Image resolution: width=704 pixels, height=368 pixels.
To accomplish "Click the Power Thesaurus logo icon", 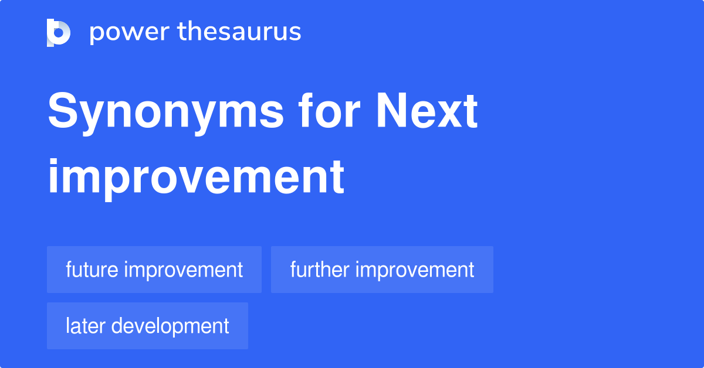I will (59, 32).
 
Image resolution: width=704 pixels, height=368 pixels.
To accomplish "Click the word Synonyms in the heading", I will (165, 113).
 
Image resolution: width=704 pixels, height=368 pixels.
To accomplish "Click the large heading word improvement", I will (196, 177).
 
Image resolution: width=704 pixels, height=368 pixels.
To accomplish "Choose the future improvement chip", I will (154, 270).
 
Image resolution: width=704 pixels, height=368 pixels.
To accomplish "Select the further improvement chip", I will (382, 270).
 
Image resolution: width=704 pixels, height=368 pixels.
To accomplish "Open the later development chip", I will (147, 326).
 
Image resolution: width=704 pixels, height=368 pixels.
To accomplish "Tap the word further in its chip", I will (319, 270).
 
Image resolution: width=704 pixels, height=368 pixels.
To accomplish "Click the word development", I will (170, 326).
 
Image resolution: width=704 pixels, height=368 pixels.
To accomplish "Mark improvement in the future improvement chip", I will (184, 270).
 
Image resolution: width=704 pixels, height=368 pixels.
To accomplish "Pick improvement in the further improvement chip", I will (414, 270).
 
